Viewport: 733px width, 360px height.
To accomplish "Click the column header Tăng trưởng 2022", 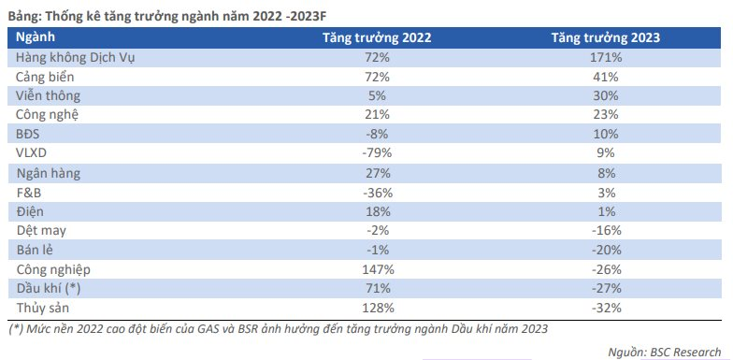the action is [x=377, y=38].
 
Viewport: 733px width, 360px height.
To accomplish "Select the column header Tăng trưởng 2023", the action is [x=606, y=38].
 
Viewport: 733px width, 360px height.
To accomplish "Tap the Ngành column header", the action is [x=36, y=37].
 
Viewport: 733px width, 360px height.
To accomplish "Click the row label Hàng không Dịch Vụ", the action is [x=76, y=58].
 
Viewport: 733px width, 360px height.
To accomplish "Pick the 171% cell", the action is [x=606, y=58].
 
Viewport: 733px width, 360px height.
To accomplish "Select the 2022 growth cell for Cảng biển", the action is [x=377, y=77].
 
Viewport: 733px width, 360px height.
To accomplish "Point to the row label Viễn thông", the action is [x=49, y=95].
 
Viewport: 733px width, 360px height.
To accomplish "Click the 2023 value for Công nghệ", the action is [x=606, y=115].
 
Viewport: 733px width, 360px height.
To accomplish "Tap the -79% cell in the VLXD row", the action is [x=377, y=153].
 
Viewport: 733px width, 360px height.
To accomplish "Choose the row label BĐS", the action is [x=29, y=135].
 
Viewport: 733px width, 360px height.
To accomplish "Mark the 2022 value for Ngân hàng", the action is [x=377, y=173].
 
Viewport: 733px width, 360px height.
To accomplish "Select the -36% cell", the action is [x=377, y=193].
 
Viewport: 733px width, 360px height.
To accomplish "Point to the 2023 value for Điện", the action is [x=606, y=211].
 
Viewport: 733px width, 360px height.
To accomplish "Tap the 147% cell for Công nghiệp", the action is [x=377, y=269].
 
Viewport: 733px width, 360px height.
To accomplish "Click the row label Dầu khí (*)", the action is [x=49, y=289].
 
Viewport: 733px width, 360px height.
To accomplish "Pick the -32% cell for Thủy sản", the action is [x=606, y=308].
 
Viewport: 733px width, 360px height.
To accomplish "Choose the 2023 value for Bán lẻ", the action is [x=606, y=251].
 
